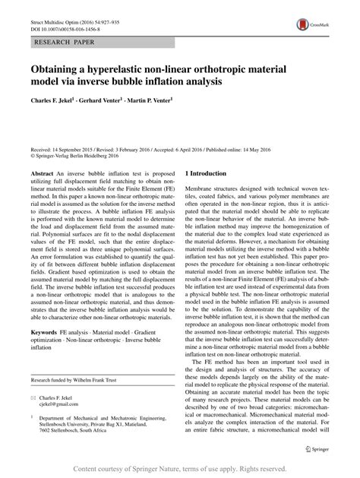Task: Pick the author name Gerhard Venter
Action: click(x=114, y=98)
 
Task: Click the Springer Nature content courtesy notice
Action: click(x=179, y=469)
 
